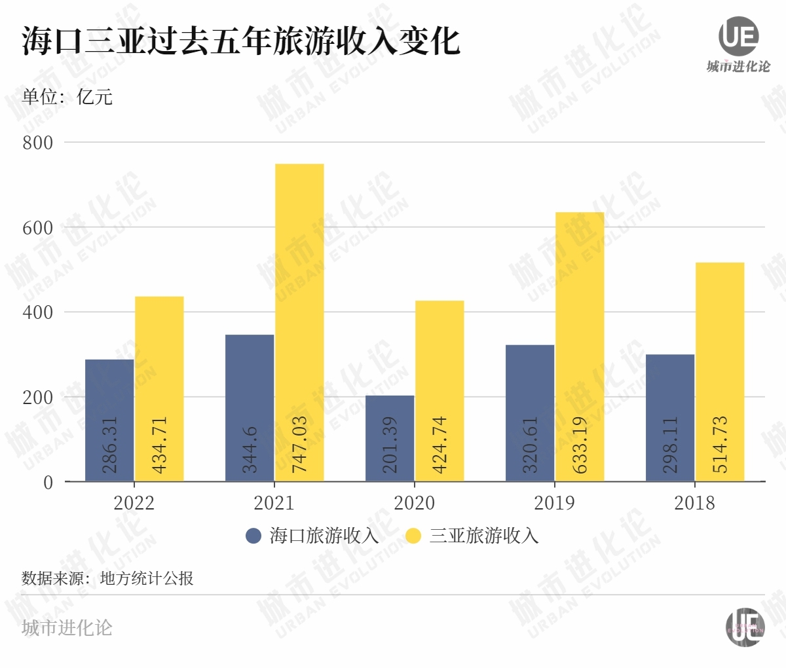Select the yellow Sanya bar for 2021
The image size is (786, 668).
(299, 322)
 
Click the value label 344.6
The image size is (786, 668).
(250, 450)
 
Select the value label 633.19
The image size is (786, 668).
(580, 445)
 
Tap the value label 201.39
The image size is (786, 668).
(390, 445)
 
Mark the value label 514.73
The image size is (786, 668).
(720, 445)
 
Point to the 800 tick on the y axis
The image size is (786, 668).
(38, 143)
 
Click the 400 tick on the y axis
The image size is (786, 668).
(38, 312)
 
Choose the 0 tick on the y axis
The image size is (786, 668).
(48, 483)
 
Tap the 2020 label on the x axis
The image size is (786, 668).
(414, 503)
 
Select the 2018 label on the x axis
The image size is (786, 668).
(694, 503)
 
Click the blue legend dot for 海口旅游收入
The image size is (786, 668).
(253, 536)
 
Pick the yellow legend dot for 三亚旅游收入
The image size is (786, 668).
(413, 536)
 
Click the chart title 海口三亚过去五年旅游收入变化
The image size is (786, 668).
(241, 41)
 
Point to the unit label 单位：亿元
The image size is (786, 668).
(67, 97)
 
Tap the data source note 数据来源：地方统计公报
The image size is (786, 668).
(108, 578)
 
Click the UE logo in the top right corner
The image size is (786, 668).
(739, 37)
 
